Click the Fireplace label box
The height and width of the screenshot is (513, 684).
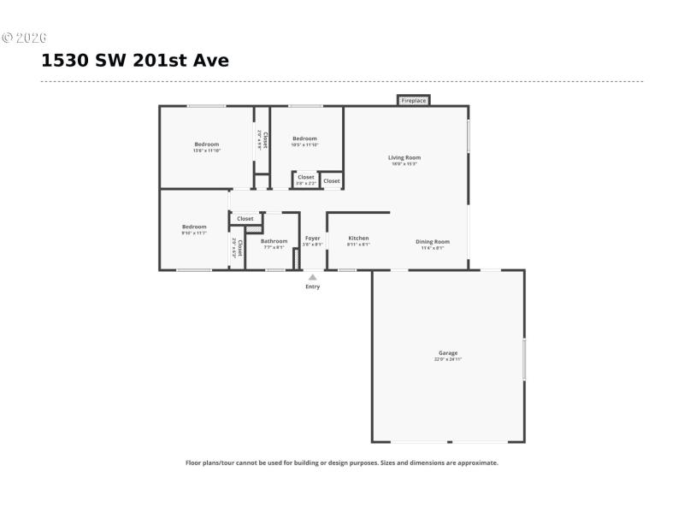click(414, 101)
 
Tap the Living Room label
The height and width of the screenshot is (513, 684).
click(404, 157)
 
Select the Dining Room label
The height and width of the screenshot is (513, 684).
click(432, 241)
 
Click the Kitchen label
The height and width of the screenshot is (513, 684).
click(358, 238)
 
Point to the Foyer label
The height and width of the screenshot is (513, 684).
click(313, 238)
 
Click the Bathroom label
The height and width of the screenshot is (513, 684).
click(274, 241)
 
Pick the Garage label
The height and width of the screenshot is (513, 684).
click(448, 352)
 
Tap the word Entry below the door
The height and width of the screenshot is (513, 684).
click(313, 286)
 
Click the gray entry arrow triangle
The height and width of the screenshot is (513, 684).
click(313, 277)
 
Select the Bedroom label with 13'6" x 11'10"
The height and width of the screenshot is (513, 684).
click(206, 144)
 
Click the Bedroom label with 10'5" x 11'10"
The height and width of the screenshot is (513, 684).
click(304, 139)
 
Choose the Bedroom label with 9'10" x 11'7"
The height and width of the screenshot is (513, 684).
click(194, 227)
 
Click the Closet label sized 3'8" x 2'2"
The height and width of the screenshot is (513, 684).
click(305, 177)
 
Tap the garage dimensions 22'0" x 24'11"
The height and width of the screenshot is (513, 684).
click(448, 360)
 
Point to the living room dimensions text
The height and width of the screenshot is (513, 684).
click(404, 164)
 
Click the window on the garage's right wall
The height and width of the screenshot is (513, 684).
click(524, 359)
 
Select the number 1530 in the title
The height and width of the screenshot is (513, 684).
click(67, 62)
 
